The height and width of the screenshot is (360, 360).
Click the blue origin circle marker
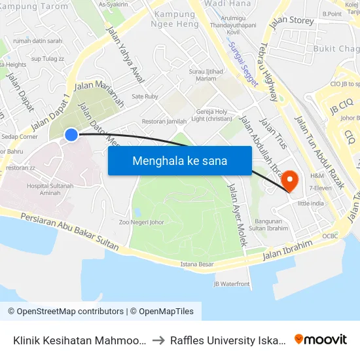click(71, 135)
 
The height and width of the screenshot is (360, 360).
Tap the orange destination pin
click(290, 180)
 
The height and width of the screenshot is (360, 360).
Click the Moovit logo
click(321, 339)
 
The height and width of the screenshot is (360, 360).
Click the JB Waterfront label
click(232, 283)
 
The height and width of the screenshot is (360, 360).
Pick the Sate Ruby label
click(145, 96)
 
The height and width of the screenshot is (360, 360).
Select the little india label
click(311, 204)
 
